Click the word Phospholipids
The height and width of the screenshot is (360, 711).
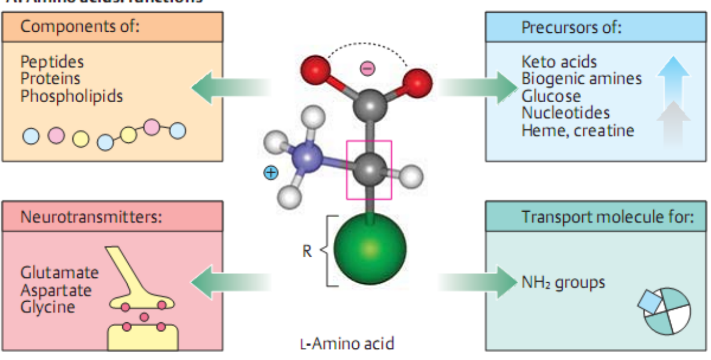point(72,97)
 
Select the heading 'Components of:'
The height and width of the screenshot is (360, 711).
point(79,27)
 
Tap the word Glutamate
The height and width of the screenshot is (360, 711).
point(59,273)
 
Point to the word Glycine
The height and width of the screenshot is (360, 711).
point(47,307)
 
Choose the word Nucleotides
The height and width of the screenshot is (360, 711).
point(565,113)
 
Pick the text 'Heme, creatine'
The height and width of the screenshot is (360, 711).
point(578,131)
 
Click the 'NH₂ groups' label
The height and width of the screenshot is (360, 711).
point(563,282)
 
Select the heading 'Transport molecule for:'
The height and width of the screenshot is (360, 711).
point(608,217)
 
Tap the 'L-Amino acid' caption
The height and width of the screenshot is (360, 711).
point(347,344)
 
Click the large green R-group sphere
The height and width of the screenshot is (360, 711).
point(370,248)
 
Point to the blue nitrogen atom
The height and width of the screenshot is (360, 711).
point(307,157)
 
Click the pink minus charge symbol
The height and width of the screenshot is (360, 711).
point(368,68)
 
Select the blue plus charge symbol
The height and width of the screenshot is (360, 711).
point(271,173)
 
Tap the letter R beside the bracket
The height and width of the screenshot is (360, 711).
point(307,252)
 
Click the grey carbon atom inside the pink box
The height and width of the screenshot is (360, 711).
point(368,168)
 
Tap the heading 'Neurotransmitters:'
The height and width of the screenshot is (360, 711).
point(91,217)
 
